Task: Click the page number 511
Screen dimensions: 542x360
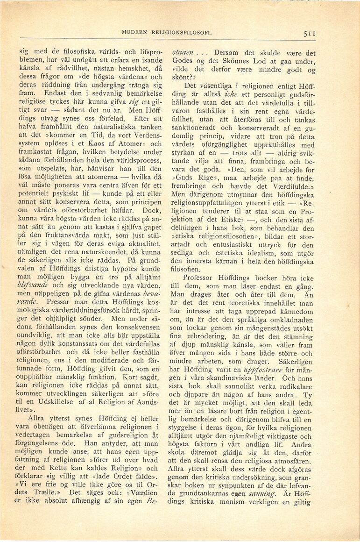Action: click(310, 33)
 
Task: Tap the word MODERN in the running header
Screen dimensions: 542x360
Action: click(135, 33)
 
